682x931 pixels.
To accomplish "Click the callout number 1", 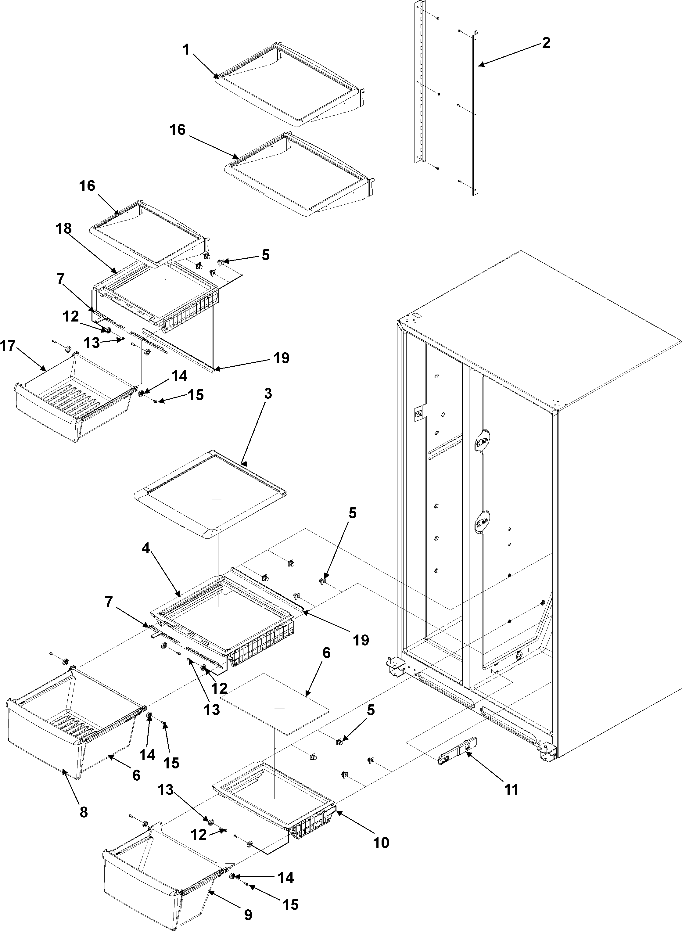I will click(x=186, y=50).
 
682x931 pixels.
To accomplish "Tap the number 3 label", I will click(x=268, y=394).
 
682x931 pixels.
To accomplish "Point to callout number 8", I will click(x=83, y=812).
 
